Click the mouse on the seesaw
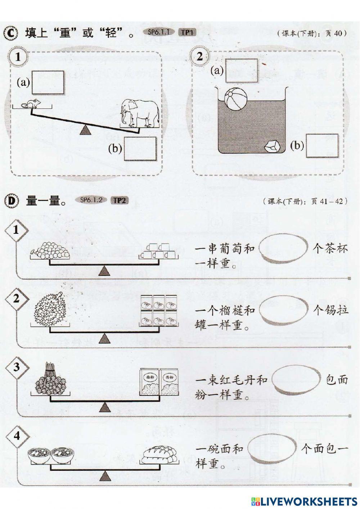[30, 104]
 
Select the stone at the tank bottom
[272, 146]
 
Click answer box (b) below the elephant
[140, 149]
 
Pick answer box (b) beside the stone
[322, 146]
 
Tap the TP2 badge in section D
[119, 200]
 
